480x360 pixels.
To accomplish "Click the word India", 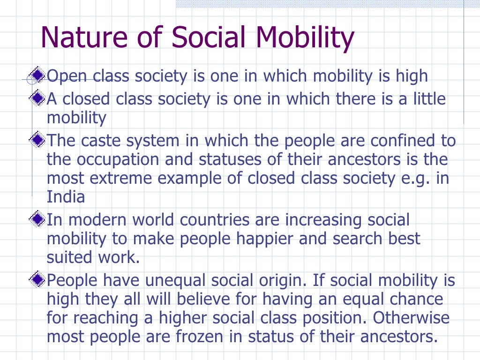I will point(66,196).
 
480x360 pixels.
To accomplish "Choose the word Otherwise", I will point(411,317).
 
